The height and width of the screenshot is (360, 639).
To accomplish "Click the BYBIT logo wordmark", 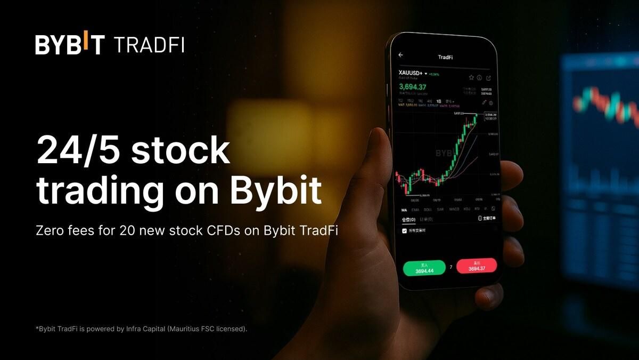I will coord(70,45).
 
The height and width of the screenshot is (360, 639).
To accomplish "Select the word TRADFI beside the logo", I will coord(149,45).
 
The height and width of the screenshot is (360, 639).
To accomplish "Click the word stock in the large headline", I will coord(181,151).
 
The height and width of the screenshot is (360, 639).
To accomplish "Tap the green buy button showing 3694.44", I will coord(424,268).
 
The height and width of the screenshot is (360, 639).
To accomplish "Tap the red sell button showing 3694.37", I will coord(476,266).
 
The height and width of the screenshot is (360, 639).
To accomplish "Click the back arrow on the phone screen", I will coord(400,55).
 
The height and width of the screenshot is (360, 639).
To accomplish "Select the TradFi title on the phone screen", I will coord(445,57).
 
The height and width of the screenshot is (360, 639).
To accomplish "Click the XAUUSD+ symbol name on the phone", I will coord(411,73).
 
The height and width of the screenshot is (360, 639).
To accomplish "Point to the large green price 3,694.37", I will coord(413,87).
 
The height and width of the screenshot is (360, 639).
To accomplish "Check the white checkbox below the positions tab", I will coord(404,231).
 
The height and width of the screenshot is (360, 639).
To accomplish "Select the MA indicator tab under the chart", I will coord(404,209).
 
